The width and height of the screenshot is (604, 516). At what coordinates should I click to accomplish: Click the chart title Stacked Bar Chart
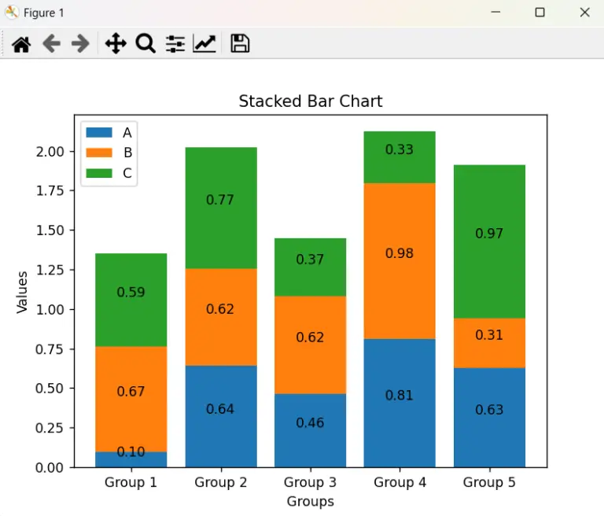pyautogui.click(x=311, y=101)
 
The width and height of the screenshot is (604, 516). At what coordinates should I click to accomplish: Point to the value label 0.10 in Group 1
pyautogui.click(x=131, y=452)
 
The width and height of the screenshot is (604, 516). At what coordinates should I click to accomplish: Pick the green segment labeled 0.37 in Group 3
pyautogui.click(x=310, y=267)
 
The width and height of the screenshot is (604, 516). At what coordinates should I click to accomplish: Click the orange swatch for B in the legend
pyautogui.click(x=100, y=153)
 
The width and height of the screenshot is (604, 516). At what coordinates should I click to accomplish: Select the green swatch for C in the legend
pyautogui.click(x=100, y=174)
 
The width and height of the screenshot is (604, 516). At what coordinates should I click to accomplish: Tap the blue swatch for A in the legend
pyautogui.click(x=100, y=132)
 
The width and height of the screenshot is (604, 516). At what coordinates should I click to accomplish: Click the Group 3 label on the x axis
pyautogui.click(x=310, y=482)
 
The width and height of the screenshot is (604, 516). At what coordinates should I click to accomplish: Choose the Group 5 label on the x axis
pyautogui.click(x=489, y=482)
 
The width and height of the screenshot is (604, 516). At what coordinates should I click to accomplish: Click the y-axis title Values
pyautogui.click(x=23, y=293)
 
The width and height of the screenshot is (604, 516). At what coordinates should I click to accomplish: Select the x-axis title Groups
pyautogui.click(x=310, y=501)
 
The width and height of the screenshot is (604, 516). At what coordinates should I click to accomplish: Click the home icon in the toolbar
pyautogui.click(x=21, y=44)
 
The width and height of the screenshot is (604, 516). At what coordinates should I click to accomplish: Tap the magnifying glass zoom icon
pyautogui.click(x=145, y=44)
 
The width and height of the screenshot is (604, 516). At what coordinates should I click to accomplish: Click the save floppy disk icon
pyautogui.click(x=240, y=44)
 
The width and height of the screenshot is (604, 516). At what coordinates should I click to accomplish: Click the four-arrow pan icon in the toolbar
pyautogui.click(x=116, y=44)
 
